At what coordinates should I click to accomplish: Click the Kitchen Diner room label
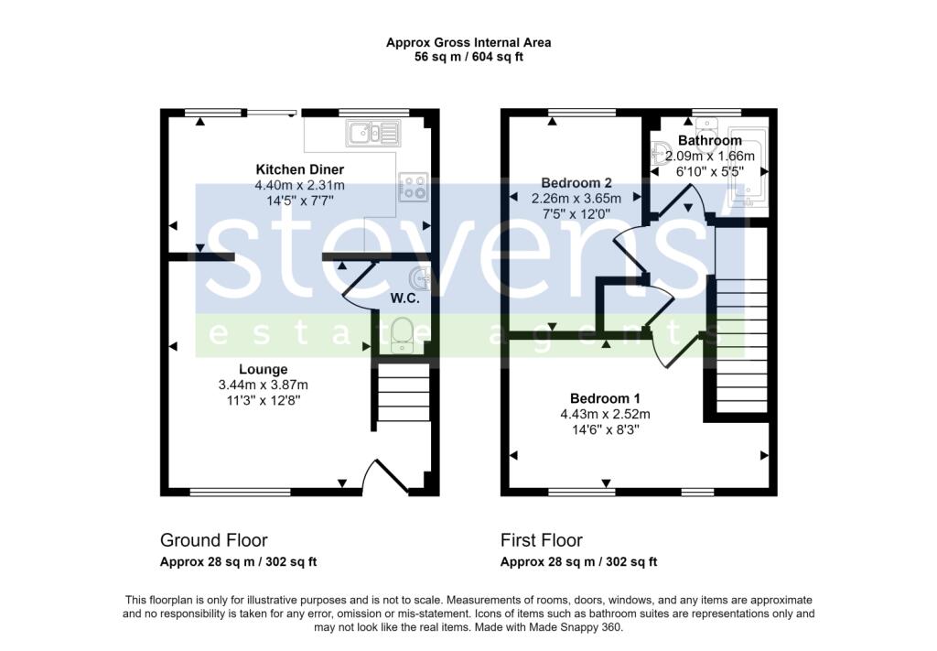click(299, 170)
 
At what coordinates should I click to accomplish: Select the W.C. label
click(405, 298)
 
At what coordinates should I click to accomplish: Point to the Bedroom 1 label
click(605, 398)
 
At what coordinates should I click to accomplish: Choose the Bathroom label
click(709, 141)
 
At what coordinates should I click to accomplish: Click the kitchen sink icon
click(372, 135)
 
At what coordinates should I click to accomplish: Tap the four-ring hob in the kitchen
click(412, 188)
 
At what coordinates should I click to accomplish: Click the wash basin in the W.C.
click(422, 277)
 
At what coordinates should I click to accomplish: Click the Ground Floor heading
click(214, 540)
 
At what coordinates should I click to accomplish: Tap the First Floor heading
click(542, 540)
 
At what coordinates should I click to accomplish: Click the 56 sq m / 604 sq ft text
click(468, 57)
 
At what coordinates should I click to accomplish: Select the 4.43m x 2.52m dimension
click(605, 414)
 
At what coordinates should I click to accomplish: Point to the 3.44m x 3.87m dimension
click(264, 385)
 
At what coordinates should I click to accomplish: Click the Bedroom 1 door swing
click(673, 348)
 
